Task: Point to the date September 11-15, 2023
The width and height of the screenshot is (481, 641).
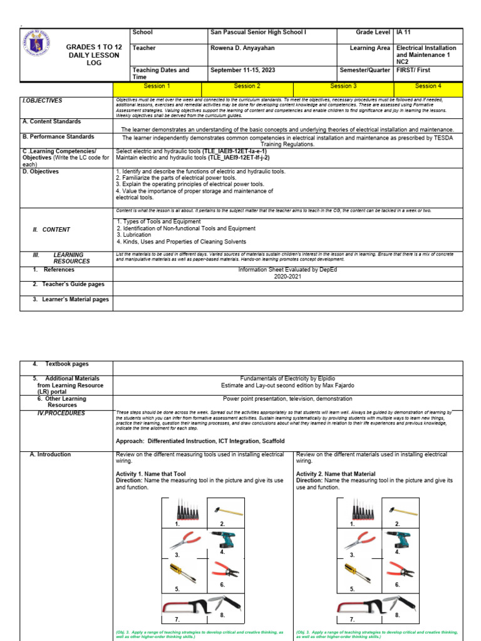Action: (241, 71)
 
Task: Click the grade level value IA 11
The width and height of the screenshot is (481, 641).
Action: (406, 32)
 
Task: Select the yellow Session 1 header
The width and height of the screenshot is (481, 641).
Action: (157, 86)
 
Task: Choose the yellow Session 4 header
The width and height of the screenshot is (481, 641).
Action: (428, 86)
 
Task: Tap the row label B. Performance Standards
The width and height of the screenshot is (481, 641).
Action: (58, 136)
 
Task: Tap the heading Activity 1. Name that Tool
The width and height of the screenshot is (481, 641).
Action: (150, 474)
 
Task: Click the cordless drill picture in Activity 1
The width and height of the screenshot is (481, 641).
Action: (223, 541)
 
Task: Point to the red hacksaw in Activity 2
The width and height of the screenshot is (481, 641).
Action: (361, 607)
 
